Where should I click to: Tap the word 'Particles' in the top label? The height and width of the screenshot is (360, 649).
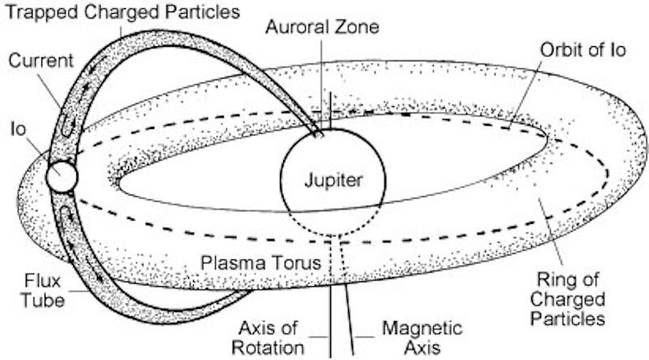[198, 13]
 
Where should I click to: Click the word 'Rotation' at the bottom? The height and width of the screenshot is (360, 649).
[271, 348]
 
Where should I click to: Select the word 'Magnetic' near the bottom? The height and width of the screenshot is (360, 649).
[423, 328]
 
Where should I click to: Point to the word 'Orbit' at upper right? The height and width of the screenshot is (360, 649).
[563, 49]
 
